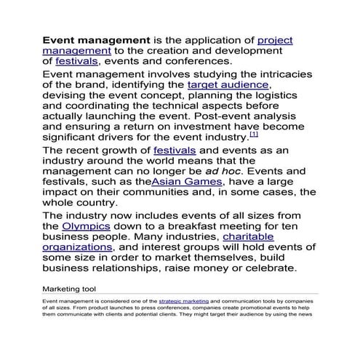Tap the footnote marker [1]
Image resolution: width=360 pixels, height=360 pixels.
(254, 135)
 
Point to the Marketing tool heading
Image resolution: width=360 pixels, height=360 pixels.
(69, 289)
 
